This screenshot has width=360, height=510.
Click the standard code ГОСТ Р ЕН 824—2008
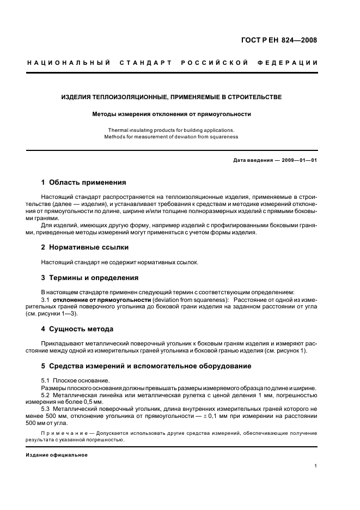click(x=279, y=40)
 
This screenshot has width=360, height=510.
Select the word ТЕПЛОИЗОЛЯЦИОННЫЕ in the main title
click(x=125, y=98)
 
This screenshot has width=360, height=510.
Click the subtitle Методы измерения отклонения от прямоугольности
click(x=171, y=114)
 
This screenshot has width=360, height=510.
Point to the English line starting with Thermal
click(x=171, y=130)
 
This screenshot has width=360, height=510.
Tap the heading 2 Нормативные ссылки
click(x=85, y=247)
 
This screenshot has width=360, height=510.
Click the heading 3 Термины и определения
click(x=90, y=277)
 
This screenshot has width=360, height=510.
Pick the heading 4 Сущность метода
click(x=77, y=329)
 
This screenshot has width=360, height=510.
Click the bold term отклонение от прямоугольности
click(x=101, y=300)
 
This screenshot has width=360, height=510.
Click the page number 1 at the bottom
click(x=316, y=466)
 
